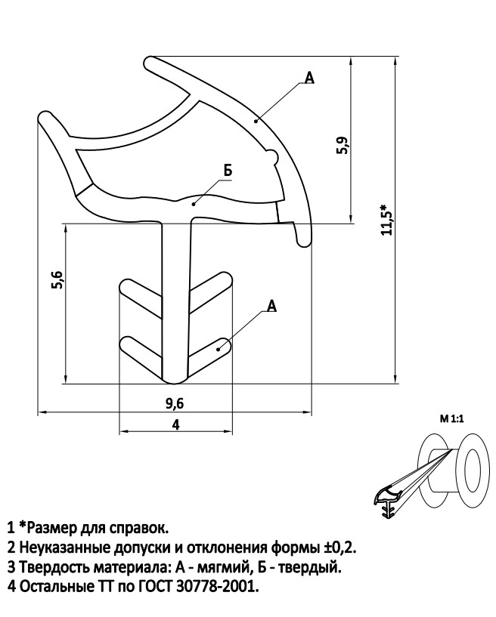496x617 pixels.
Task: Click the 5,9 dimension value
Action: click(x=343, y=145)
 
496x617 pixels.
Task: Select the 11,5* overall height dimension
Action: click(x=387, y=220)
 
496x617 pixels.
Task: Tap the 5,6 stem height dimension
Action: click(x=57, y=280)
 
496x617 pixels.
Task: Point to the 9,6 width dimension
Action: click(x=175, y=404)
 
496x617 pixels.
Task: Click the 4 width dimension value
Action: click(x=175, y=425)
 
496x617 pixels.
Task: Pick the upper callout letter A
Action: click(x=310, y=78)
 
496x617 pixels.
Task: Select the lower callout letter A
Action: click(x=272, y=305)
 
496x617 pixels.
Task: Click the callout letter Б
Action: click(x=228, y=171)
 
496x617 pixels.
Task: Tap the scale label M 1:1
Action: click(x=452, y=419)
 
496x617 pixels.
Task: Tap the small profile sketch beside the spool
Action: click(x=387, y=503)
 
